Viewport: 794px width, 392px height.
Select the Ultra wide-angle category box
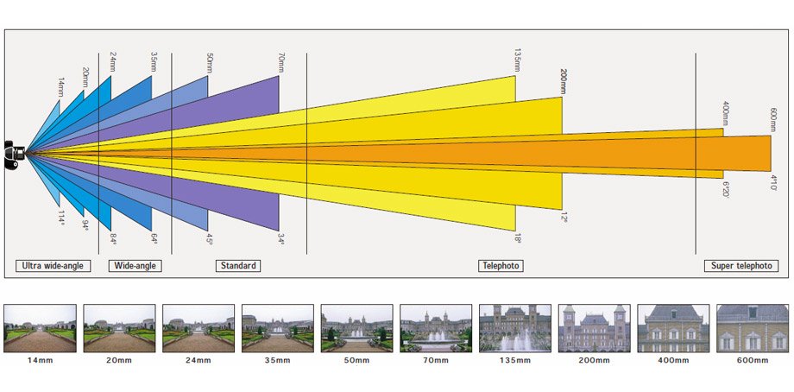tap(54, 266)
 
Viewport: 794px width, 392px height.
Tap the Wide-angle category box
tap(135, 266)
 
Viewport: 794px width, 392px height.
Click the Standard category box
tap(238, 266)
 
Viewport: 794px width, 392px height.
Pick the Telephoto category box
tap(501, 266)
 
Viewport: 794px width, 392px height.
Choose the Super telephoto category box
tap(741, 266)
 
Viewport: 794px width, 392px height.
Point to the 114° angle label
tap(60, 218)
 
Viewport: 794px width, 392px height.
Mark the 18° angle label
tap(518, 238)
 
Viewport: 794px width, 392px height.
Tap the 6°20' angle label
tap(725, 190)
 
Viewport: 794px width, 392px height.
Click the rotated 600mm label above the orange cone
tap(773, 119)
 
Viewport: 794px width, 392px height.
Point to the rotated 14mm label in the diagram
tap(60, 87)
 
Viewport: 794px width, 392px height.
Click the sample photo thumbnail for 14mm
tap(40, 328)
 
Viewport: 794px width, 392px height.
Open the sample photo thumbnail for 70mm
tap(436, 328)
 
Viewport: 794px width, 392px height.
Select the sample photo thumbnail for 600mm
tap(753, 328)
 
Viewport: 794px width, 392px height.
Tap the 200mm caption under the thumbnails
tap(595, 361)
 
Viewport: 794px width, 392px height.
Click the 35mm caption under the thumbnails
tap(278, 361)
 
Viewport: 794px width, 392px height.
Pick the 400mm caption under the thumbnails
tap(673, 361)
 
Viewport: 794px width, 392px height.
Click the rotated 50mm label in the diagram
tap(210, 63)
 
